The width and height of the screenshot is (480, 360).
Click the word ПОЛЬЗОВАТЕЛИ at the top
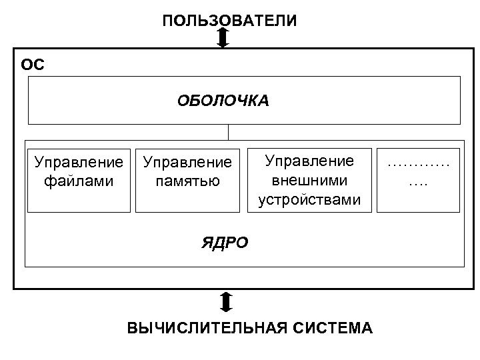[x=229, y=21]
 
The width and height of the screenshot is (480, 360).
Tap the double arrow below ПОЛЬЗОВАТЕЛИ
[x=223, y=37]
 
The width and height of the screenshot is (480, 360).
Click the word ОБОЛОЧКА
[x=223, y=101]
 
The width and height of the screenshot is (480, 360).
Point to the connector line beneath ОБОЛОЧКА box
[x=229, y=132]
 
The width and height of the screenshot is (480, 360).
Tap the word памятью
[x=187, y=181]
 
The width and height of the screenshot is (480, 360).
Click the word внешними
[x=309, y=180]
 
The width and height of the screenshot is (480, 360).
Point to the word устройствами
[x=309, y=199]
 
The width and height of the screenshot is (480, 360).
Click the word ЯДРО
[x=225, y=243]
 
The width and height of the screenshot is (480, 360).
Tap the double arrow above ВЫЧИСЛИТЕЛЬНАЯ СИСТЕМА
[x=226, y=301]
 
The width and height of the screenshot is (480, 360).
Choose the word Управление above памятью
[x=187, y=162]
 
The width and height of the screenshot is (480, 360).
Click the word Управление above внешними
[x=309, y=161]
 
